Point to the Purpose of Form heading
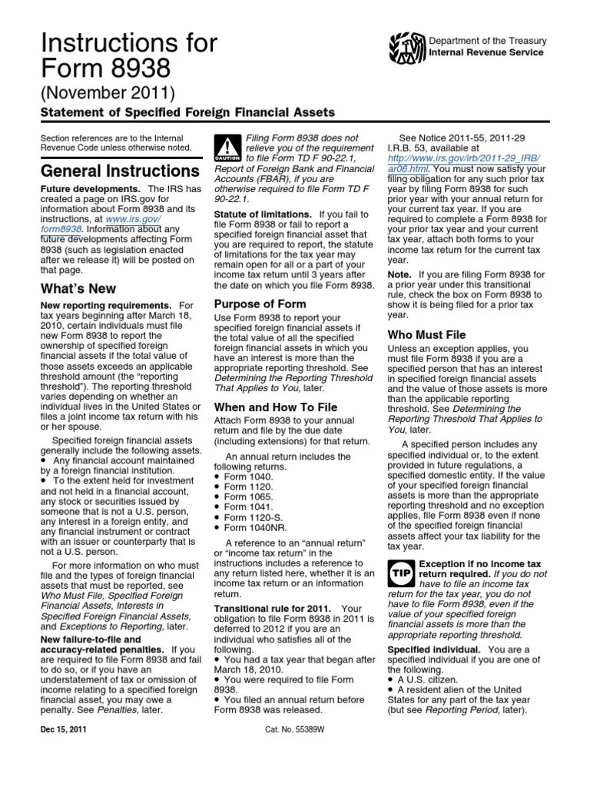tap(260, 304)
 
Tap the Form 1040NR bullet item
tap(253, 528)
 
